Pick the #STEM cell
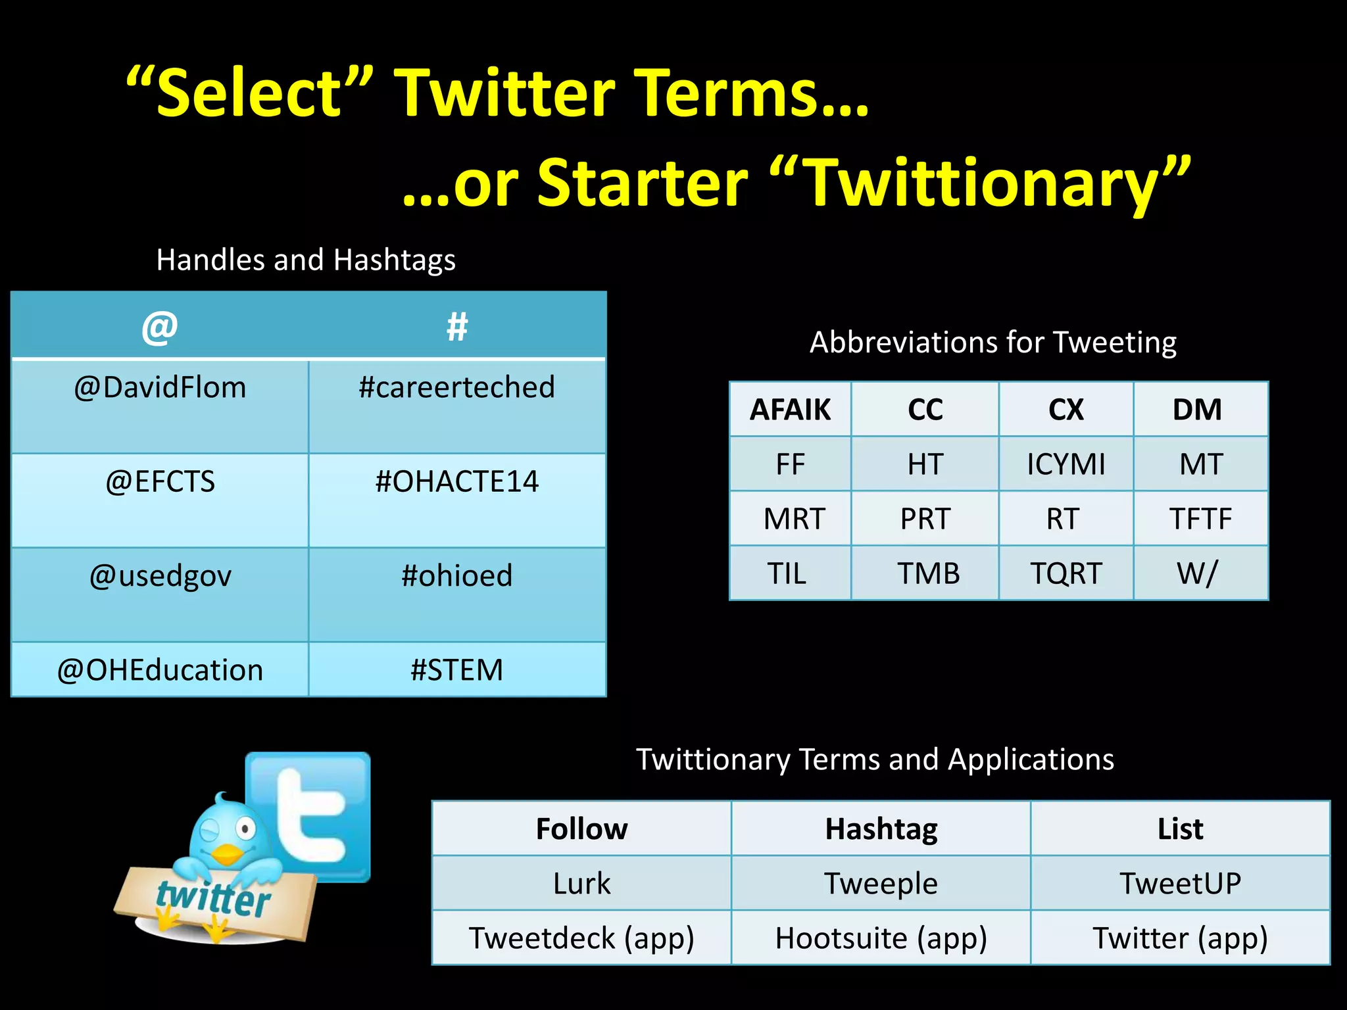pyautogui.click(x=456, y=670)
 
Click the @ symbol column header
pyautogui.click(x=160, y=327)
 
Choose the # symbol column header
pyautogui.click(x=456, y=327)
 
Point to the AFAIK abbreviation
pyautogui.click(x=790, y=410)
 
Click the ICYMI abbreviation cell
pyautogui.click(x=1065, y=464)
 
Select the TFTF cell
pyautogui.click(x=1200, y=519)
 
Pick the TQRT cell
pyautogui.click(x=1065, y=573)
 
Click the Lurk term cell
pyautogui.click(x=581, y=883)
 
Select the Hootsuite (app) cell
pyautogui.click(x=881, y=938)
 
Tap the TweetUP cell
pyautogui.click(x=1180, y=883)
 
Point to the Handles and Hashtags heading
pyautogui.click(x=306, y=260)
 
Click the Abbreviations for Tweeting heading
pyautogui.click(x=992, y=343)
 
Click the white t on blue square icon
pyautogui.click(x=309, y=815)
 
